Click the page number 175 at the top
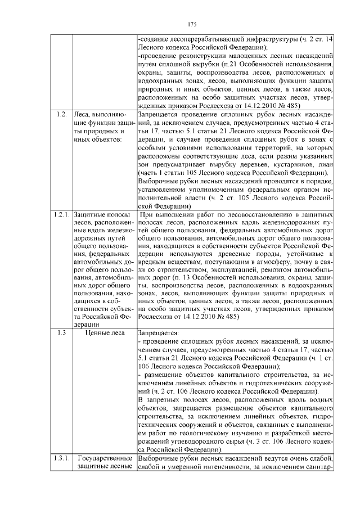coord(191,24)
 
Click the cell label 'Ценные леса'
coord(104,332)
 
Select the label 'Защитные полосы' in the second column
coord(102,215)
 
